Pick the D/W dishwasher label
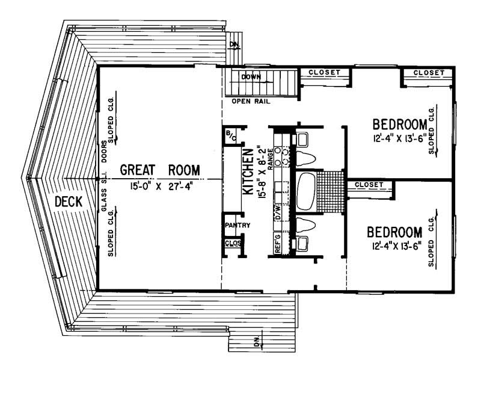(278, 212)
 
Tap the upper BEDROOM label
(400, 125)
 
